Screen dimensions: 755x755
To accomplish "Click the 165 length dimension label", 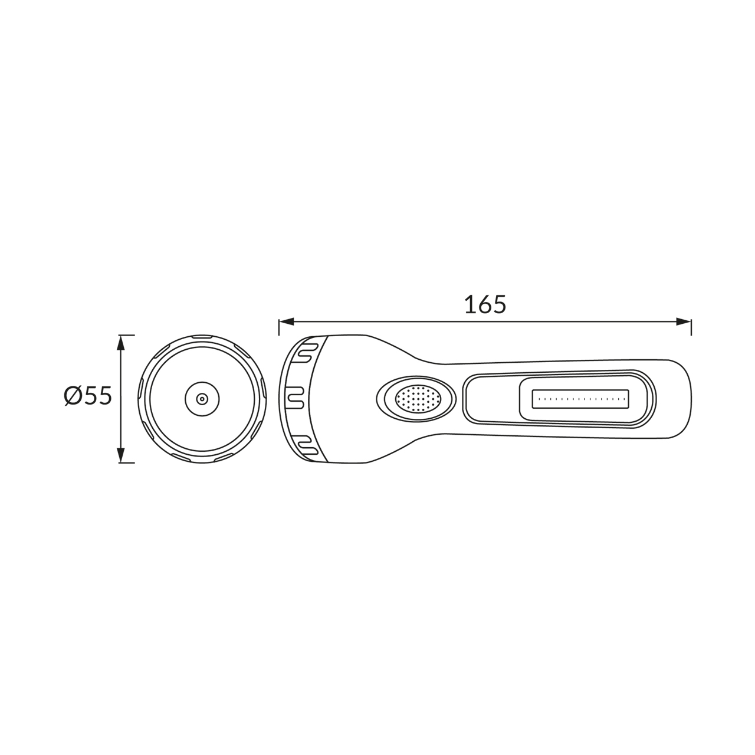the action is pos(485,304).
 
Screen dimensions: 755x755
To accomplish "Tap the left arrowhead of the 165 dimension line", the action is pos(287,321).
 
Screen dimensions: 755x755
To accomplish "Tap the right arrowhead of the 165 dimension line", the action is pos(684,321).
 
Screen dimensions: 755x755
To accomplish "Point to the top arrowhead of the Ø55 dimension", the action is pos(121,343).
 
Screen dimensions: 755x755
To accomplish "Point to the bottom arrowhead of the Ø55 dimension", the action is pos(121,455).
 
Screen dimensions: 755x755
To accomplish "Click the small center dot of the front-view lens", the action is pos(202,399).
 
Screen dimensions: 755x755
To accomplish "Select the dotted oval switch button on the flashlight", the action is pos(418,399).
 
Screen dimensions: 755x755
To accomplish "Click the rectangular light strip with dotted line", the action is pos(580,399).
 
